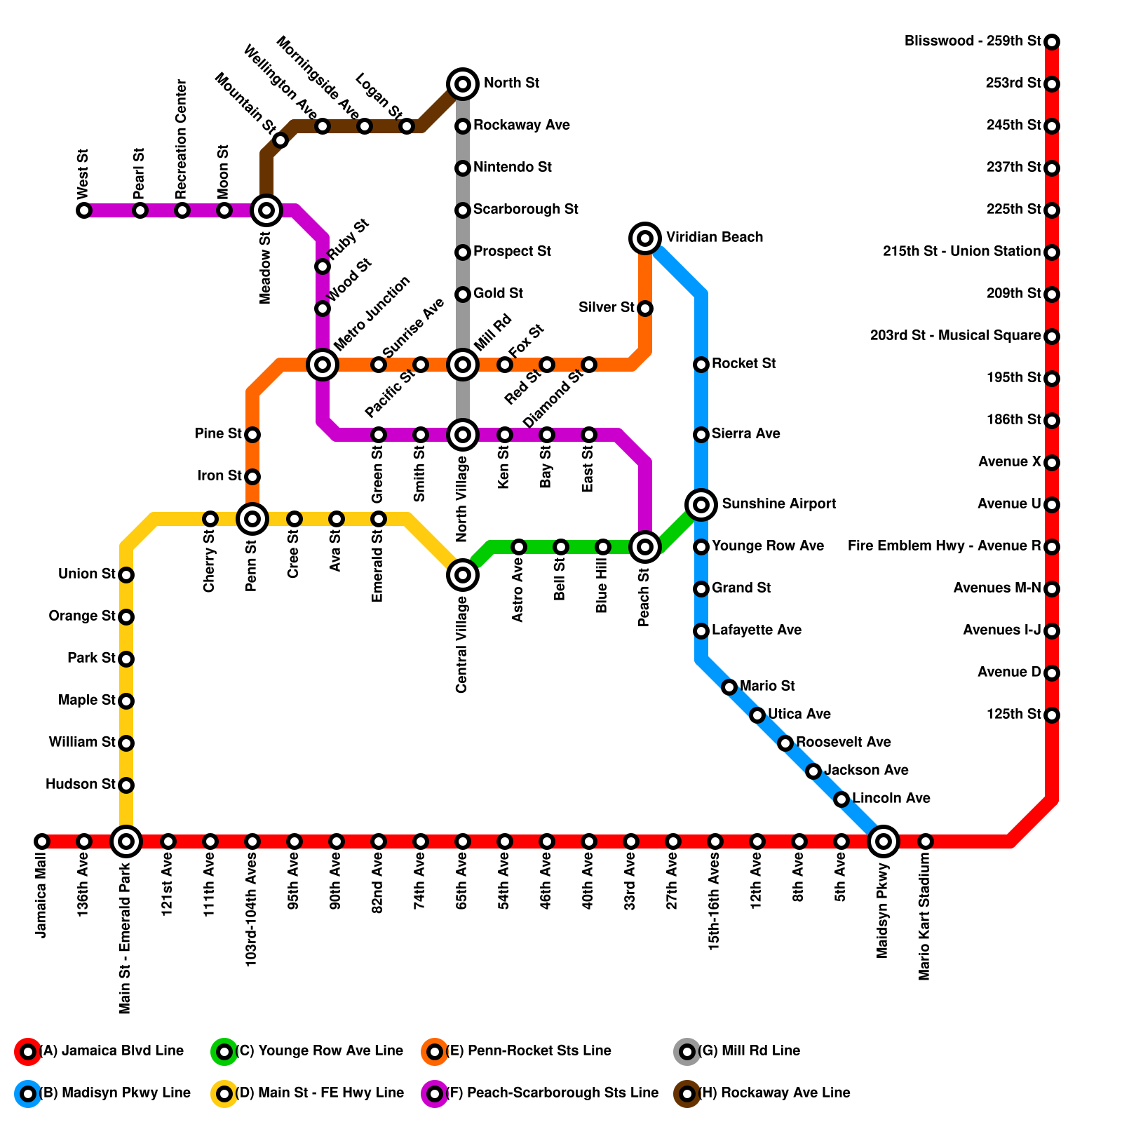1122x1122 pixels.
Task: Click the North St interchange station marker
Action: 463,84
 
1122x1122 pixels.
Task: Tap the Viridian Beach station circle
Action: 645,238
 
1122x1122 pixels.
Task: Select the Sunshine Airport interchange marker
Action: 701,504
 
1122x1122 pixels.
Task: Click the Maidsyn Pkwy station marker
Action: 884,841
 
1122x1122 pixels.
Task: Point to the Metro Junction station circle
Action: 323,365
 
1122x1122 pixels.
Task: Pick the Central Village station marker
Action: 463,575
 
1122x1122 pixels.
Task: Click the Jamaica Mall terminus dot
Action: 42,841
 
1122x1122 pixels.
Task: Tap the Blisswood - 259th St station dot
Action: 1052,42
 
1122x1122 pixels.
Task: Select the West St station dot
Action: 84,210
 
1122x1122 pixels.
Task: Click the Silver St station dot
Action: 645,309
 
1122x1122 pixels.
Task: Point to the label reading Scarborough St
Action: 525,209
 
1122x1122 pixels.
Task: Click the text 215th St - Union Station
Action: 961,251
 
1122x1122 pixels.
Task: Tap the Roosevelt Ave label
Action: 844,742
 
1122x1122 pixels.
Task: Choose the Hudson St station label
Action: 81,784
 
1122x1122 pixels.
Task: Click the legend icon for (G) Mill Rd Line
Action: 687,1052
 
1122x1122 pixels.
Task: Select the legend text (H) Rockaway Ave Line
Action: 774,1093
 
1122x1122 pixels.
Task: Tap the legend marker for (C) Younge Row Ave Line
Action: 224,1052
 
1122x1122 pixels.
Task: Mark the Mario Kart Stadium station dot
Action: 926,841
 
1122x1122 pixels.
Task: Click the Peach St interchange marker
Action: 645,547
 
